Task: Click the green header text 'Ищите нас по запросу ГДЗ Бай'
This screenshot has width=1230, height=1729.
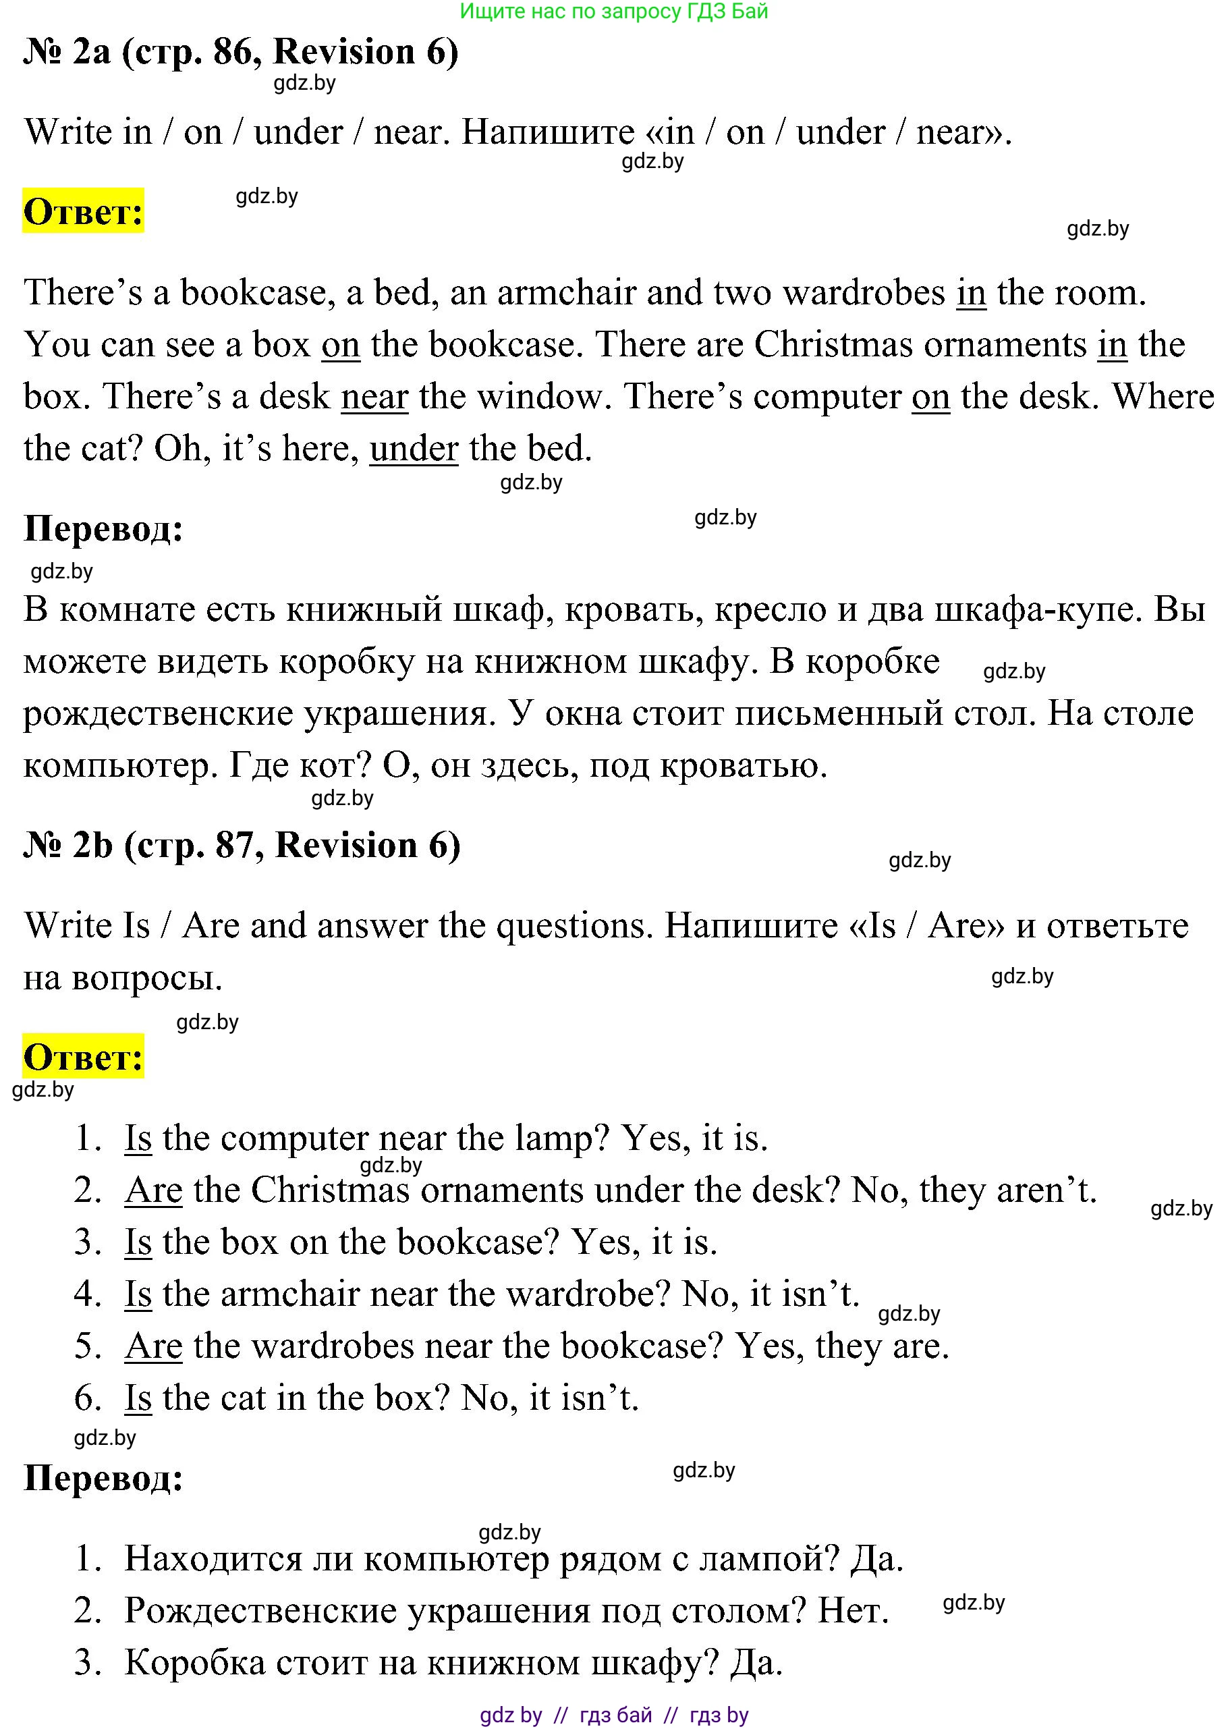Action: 613,11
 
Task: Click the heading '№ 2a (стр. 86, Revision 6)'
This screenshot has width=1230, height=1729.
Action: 241,51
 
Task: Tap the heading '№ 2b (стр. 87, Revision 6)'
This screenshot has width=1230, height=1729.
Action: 242,845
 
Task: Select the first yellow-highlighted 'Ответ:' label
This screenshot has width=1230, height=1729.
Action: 83,211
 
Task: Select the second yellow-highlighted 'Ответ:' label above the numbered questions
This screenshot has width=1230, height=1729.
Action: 83,1056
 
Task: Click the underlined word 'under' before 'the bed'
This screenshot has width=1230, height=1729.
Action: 414,448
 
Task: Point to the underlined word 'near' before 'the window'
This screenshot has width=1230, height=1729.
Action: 374,396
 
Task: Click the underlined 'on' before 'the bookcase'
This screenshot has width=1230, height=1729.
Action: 340,345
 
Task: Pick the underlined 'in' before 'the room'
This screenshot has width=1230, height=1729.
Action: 971,292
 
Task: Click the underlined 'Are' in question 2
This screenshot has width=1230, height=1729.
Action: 153,1190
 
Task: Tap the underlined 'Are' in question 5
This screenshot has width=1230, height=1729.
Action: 153,1346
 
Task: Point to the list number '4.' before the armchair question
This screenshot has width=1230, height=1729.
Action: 88,1294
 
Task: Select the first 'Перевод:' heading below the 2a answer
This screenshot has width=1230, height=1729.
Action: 104,528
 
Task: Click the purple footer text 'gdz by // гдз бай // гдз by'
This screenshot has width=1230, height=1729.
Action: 613,1716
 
